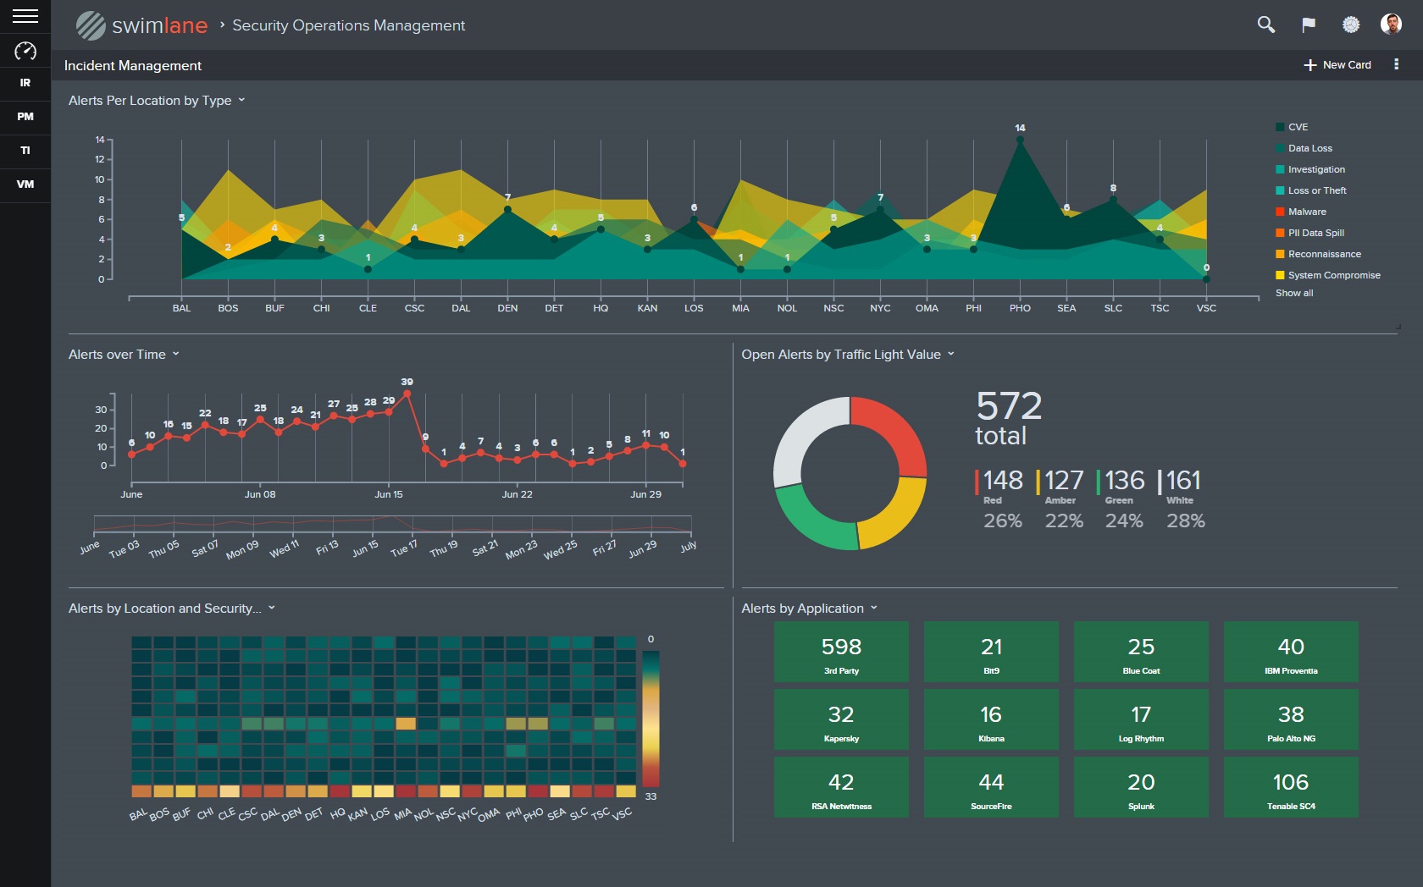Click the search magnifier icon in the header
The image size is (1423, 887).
[1265, 25]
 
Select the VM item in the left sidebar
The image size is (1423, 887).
[25, 184]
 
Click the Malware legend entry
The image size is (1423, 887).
[1306, 212]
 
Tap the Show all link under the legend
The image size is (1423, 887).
[1294, 293]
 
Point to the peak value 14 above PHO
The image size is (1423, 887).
[1020, 128]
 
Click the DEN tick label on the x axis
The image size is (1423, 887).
[507, 308]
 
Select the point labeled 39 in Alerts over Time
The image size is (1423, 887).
[407, 393]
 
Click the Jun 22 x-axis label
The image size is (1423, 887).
[517, 494]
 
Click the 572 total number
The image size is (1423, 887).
[1009, 406]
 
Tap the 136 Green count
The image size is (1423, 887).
[1124, 481]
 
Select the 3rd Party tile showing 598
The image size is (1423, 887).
[841, 652]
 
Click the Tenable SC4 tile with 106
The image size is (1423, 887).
[1290, 787]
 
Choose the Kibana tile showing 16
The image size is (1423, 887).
[991, 719]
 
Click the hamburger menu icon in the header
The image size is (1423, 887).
[25, 16]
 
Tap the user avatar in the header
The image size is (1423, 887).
[1391, 25]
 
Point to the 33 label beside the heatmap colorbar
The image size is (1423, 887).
[651, 796]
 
